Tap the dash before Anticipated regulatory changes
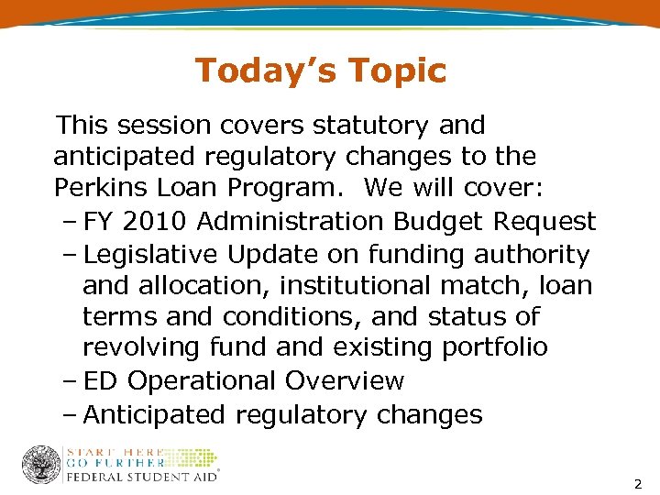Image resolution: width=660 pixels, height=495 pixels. pyautogui.click(x=71, y=414)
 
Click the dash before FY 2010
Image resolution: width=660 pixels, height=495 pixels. pyautogui.click(x=71, y=221)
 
